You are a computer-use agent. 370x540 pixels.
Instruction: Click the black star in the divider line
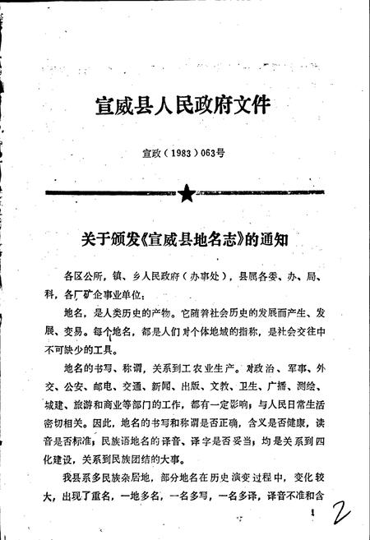pos(187,195)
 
